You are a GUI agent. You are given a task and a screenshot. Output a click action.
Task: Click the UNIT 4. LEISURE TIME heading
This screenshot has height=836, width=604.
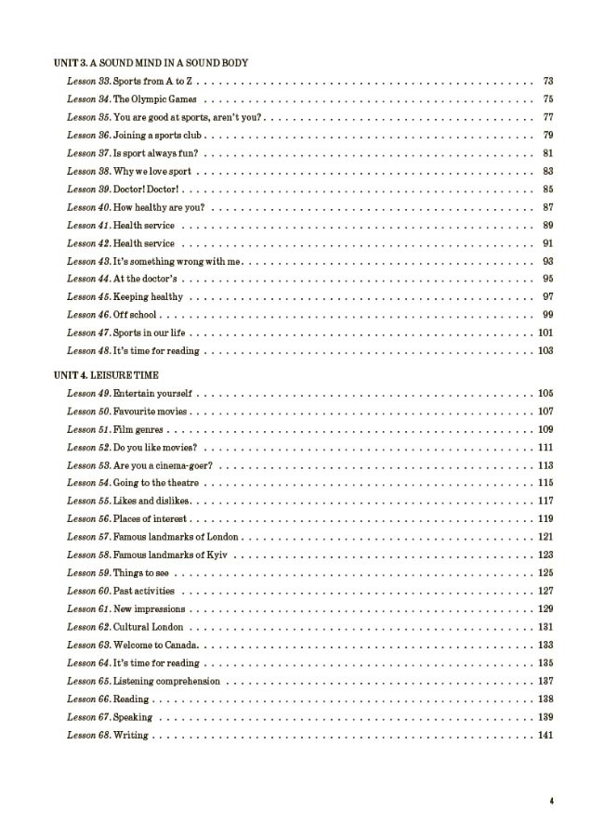pos(106,375)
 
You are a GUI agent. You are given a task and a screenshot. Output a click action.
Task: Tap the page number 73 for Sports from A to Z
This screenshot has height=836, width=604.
pos(548,81)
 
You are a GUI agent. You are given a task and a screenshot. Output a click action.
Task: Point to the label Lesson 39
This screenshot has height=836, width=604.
pos(88,189)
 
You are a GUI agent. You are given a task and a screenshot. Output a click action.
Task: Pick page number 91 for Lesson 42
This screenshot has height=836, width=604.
pos(548,243)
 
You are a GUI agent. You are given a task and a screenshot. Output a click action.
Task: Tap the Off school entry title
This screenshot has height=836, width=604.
pos(136,315)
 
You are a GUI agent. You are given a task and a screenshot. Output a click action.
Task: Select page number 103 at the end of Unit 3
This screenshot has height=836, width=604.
pos(545,351)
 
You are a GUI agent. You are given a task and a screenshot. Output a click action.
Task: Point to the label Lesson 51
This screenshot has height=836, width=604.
pos(88,430)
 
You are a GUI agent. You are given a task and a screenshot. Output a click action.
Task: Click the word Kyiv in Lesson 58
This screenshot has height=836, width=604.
pos(219,555)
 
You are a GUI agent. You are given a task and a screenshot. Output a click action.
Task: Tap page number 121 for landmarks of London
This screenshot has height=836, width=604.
pos(545,538)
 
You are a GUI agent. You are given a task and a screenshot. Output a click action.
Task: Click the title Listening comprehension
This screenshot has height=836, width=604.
pos(166,682)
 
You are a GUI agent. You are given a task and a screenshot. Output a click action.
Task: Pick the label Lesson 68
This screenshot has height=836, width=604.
pos(88,736)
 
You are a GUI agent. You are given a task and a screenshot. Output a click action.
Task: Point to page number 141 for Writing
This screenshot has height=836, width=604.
pos(545,736)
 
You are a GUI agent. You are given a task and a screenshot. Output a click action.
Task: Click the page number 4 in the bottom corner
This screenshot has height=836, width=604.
pos(551,802)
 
